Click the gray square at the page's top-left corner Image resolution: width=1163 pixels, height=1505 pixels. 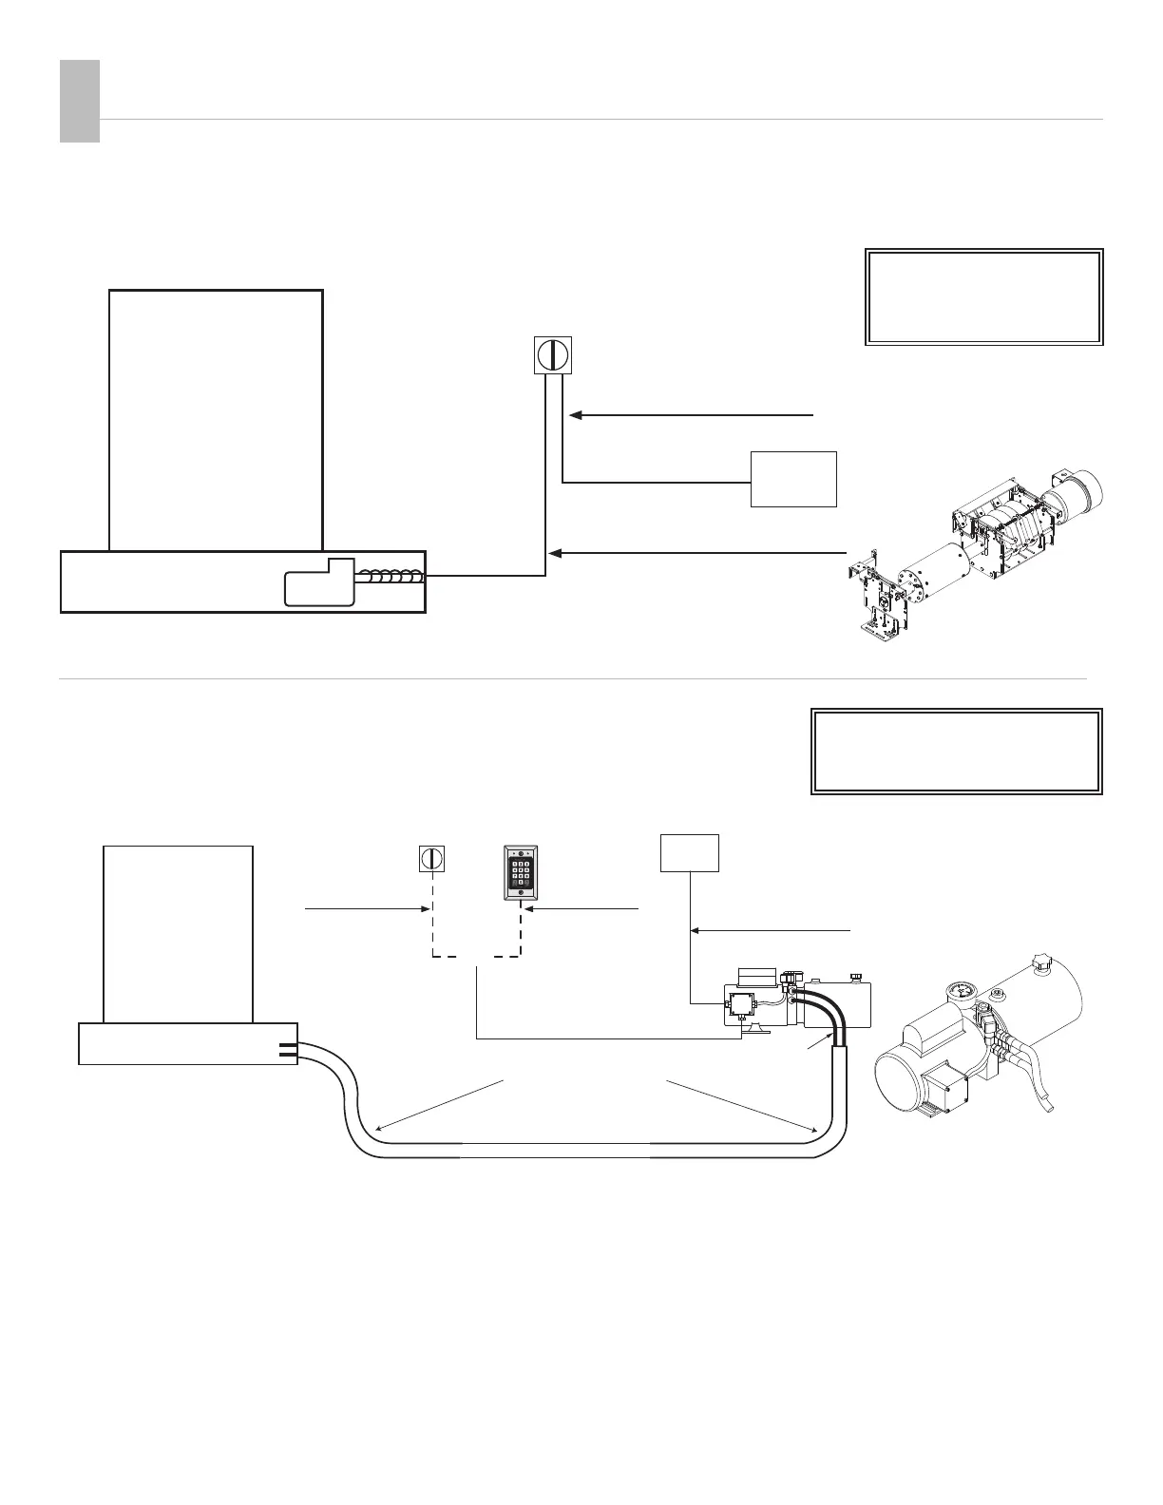click(x=80, y=102)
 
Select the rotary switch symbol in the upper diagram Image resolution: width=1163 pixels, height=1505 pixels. click(x=552, y=354)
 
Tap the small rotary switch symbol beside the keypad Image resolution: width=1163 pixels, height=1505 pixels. click(x=432, y=858)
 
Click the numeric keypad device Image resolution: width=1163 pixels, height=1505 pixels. click(x=520, y=873)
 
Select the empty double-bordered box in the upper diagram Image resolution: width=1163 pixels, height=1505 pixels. click(x=983, y=296)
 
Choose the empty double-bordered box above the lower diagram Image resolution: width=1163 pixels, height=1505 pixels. click(x=956, y=751)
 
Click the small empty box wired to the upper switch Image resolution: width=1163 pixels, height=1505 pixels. click(x=793, y=479)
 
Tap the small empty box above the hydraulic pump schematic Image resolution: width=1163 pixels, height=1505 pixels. click(x=690, y=852)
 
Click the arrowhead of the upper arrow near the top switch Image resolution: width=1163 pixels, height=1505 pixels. click(x=576, y=415)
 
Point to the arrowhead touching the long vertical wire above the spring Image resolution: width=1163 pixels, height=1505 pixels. click(x=557, y=552)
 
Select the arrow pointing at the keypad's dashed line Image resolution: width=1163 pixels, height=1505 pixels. click(x=529, y=909)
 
